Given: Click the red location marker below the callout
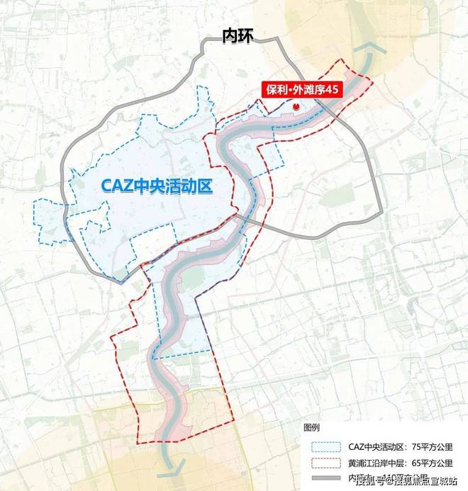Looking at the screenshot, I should [x=296, y=106].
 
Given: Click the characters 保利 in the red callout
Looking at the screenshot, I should [x=273, y=91].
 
